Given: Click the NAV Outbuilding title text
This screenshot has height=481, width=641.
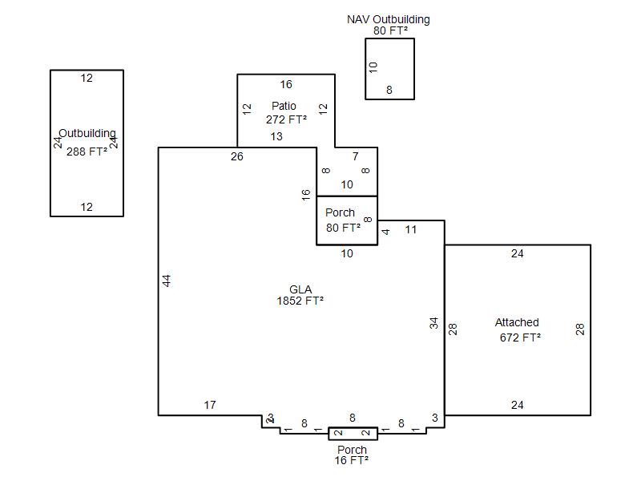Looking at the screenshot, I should pos(388,19).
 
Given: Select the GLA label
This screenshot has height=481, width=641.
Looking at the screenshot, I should pos(300,289).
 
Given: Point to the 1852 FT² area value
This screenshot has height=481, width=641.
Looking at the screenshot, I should pos(300,301).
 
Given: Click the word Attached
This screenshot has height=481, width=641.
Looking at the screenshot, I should pos(517,322).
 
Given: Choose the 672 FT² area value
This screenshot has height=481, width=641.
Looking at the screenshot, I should pos(520,338).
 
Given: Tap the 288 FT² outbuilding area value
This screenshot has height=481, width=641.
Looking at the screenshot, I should pos(87,150).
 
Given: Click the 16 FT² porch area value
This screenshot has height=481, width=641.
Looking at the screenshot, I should pos(352,460).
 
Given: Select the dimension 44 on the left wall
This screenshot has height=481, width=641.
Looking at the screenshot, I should pos(167,281).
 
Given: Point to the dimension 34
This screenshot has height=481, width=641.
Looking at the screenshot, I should pos(434,323).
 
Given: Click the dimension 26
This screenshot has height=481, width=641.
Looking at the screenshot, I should pos(236,156).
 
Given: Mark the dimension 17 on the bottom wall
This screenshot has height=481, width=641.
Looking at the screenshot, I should pos(210,405).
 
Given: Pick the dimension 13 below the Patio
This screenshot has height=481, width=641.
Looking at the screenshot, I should pos(276,136).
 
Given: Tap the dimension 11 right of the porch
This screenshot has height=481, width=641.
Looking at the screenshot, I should pos(411,229).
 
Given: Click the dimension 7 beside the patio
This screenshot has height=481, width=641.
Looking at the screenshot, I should pos(356,156).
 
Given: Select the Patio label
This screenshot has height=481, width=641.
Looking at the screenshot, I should pos(284,106).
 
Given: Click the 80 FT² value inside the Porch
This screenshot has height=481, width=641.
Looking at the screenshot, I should pos(343,227).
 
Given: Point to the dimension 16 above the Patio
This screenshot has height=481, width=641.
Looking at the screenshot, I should pos(286,84).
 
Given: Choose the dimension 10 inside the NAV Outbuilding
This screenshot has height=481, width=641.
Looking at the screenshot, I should pos(373,67).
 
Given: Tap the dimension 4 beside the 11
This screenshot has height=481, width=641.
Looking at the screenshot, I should pos(386,232).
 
